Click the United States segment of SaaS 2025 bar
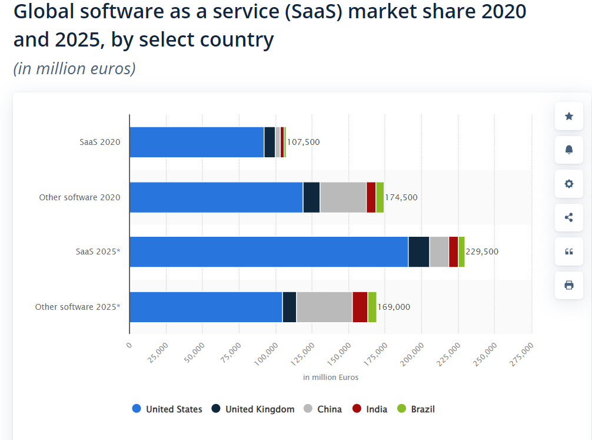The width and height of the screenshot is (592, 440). pyautogui.click(x=268, y=252)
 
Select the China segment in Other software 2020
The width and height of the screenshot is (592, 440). pyautogui.click(x=343, y=197)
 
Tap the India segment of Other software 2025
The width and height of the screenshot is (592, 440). pyautogui.click(x=360, y=307)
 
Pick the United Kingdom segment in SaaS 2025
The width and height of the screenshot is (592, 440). pyautogui.click(x=418, y=252)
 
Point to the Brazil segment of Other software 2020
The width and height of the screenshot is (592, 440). pyautogui.click(x=380, y=197)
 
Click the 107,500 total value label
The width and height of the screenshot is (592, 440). pyautogui.click(x=303, y=142)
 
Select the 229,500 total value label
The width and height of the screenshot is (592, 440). pyautogui.click(x=482, y=252)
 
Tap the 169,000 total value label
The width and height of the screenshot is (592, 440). pyautogui.click(x=394, y=307)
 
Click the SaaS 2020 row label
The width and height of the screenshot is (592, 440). pyautogui.click(x=100, y=142)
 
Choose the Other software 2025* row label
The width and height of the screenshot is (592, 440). pyautogui.click(x=78, y=307)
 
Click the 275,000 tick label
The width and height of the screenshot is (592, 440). pyautogui.click(x=522, y=353)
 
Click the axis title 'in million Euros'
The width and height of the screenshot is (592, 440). pyautogui.click(x=331, y=377)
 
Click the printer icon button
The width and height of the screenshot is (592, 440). pyautogui.click(x=568, y=285)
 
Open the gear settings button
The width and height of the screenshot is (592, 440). pyautogui.click(x=568, y=184)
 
